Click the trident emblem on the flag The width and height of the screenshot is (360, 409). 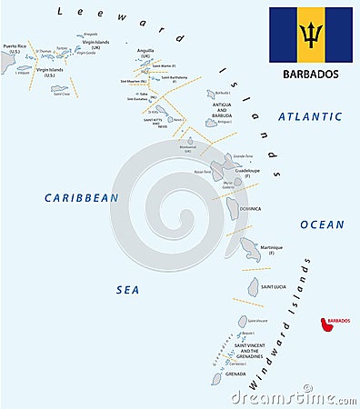point(310,35)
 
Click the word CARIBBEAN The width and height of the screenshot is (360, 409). point(83,196)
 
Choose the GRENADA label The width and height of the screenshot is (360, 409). point(235,374)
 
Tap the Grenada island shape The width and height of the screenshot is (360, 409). point(218,377)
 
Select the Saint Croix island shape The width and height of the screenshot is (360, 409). point(59,88)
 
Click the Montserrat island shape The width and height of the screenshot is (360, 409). point(187,141)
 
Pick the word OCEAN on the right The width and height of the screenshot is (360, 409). point(323,224)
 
